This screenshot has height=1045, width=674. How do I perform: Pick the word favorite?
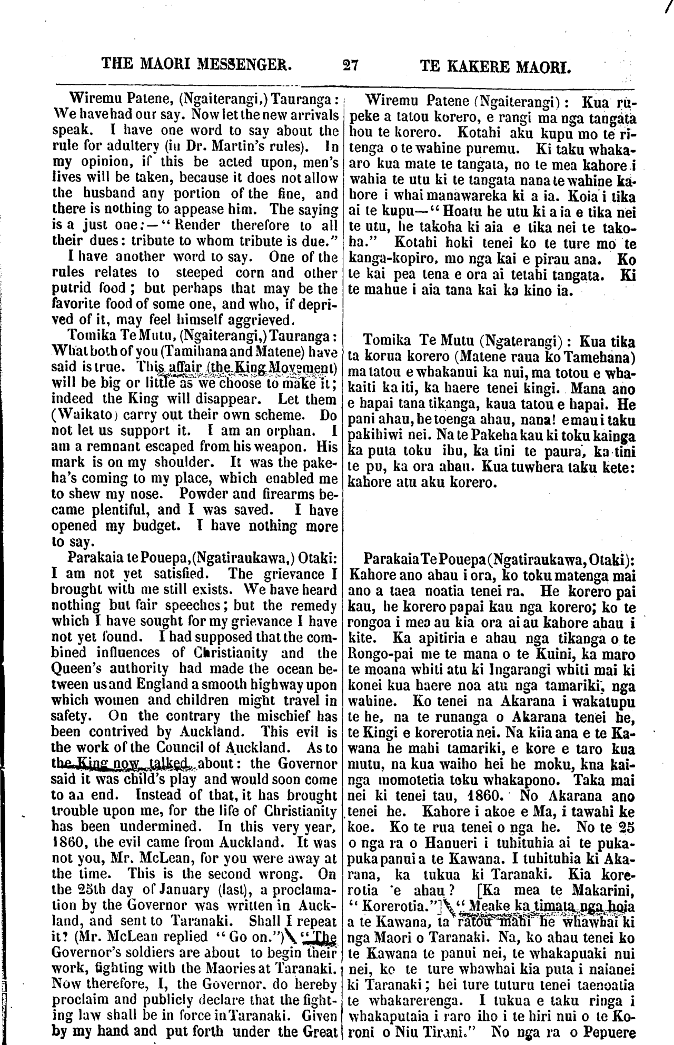tap(78, 304)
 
